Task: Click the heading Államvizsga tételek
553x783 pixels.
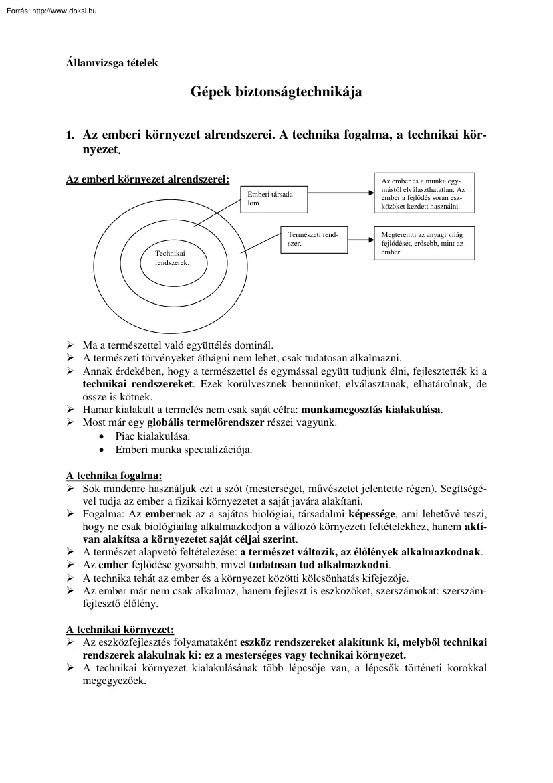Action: pos(112,64)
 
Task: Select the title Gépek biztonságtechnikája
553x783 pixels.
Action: pos(276,92)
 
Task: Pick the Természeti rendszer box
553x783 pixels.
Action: pos(312,240)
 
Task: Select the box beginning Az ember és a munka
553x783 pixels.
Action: pos(424,193)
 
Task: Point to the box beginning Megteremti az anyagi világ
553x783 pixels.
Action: pos(424,244)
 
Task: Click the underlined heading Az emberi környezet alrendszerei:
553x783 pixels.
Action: pos(147,179)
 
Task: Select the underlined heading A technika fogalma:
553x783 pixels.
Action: pos(114,476)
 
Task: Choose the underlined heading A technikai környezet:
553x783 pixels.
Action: pos(120,630)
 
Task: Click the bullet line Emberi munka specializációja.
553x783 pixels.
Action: pos(184,450)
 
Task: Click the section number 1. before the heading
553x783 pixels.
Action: pos(70,135)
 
